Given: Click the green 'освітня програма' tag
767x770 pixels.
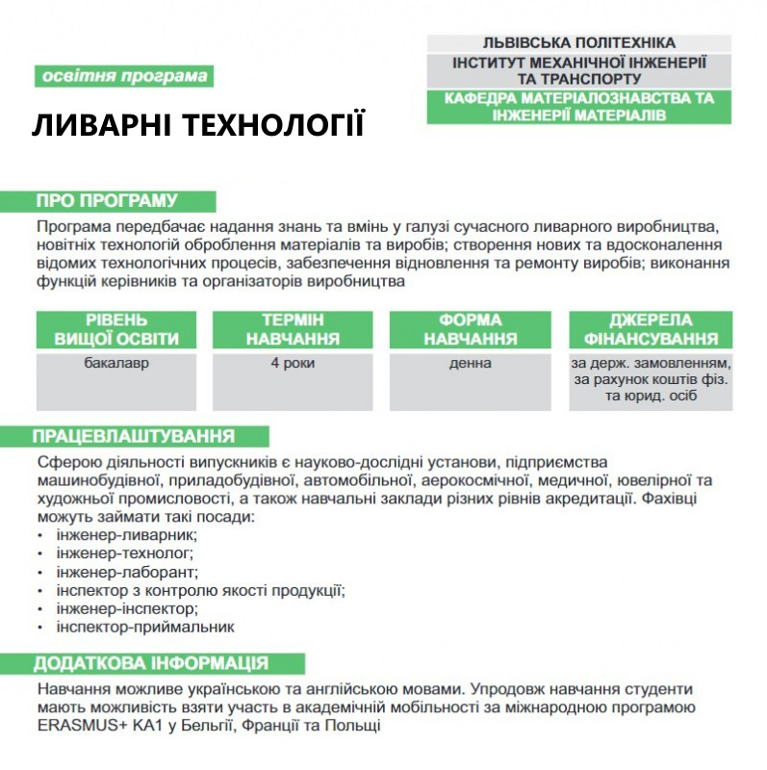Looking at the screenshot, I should [124, 77].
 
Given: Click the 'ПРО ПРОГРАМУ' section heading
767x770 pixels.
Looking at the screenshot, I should [107, 201].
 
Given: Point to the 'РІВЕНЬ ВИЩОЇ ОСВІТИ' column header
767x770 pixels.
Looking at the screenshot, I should [116, 329].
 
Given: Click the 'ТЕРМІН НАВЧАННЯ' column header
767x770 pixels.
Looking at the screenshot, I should [293, 329].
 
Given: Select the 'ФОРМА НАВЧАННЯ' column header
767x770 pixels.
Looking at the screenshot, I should [470, 329].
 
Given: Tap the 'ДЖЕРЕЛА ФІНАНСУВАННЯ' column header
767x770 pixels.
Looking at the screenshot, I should [650, 329].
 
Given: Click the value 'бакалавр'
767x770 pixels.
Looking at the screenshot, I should [116, 364].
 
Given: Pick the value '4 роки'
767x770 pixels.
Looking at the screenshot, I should [293, 364].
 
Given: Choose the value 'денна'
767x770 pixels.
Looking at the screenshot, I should [470, 364].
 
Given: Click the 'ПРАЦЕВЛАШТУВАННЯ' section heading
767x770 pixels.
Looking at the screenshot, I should [134, 436].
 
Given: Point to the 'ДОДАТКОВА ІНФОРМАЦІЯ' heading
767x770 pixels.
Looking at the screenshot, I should [151, 664].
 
